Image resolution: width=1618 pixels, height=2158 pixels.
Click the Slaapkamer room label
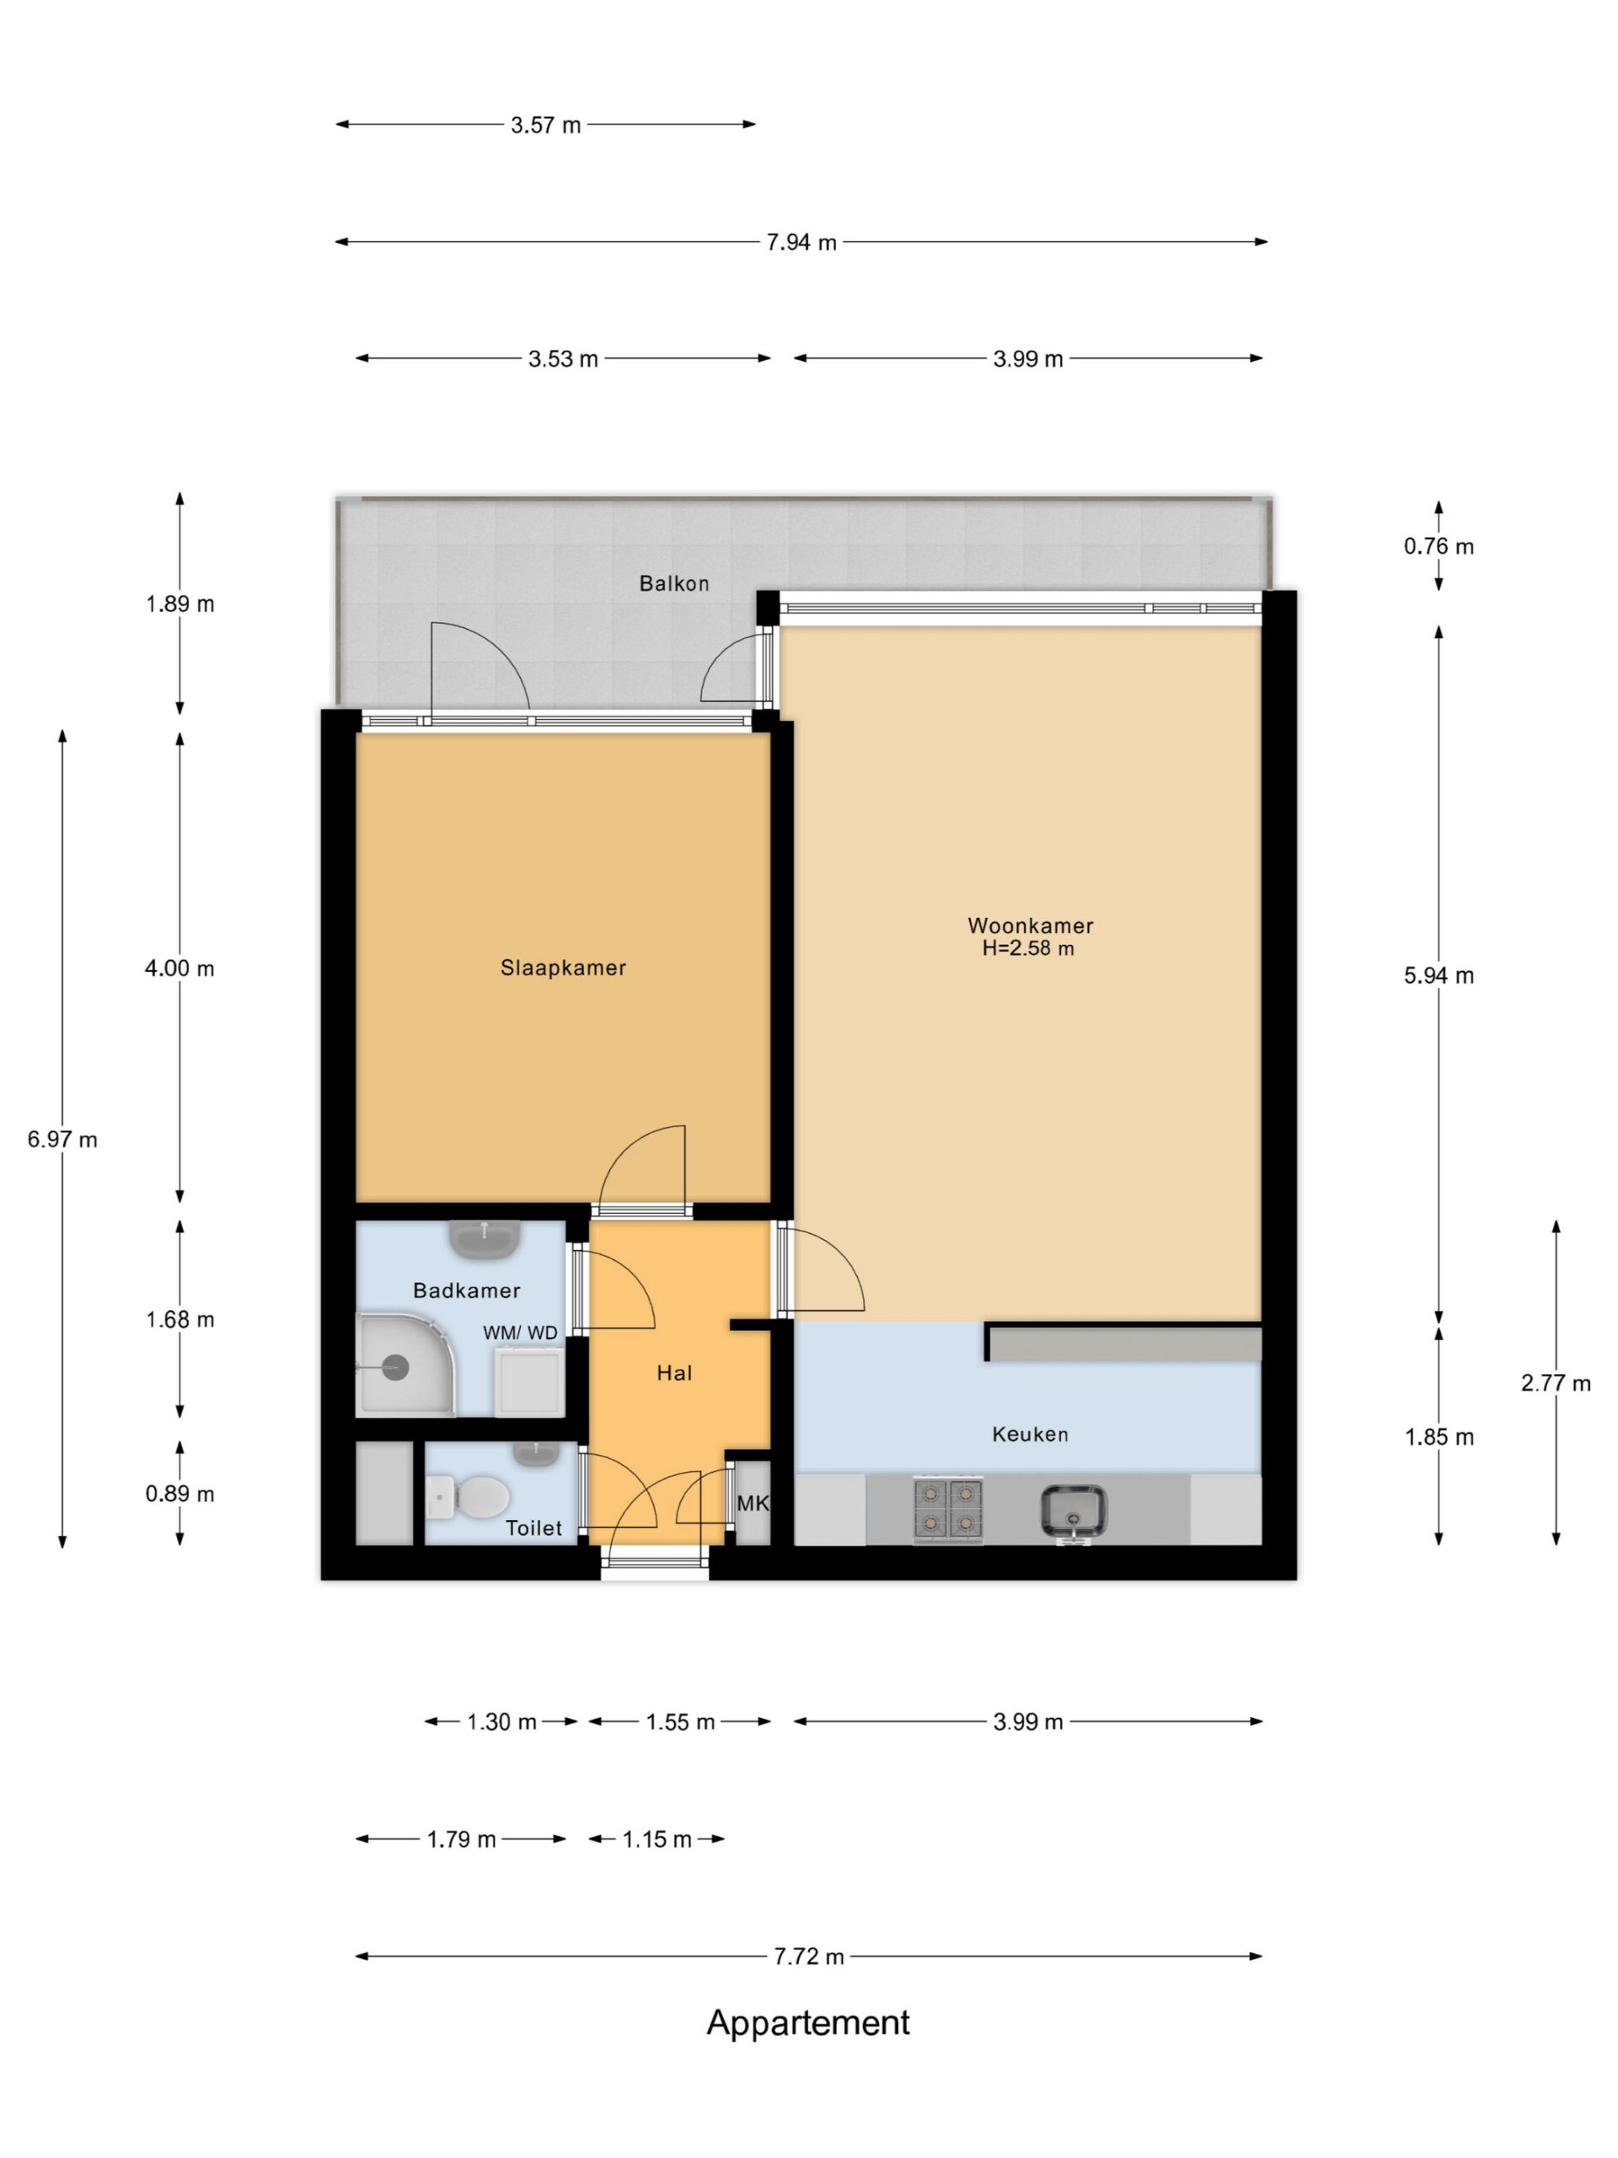click(x=563, y=968)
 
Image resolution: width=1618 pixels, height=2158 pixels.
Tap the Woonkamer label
click(x=1030, y=926)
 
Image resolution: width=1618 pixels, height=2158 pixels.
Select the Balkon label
click(x=674, y=583)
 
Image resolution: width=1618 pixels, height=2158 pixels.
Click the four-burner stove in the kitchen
click(x=947, y=1508)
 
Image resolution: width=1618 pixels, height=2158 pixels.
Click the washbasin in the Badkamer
click(x=484, y=1240)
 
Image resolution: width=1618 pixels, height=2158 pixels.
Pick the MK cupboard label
click(x=753, y=1503)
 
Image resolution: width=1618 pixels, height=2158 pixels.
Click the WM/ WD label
click(x=521, y=1333)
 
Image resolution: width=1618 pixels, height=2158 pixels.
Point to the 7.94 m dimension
click(x=801, y=242)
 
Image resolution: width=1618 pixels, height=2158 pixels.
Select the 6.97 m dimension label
click(x=62, y=1140)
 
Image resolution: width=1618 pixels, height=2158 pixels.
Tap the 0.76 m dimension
click(x=1439, y=546)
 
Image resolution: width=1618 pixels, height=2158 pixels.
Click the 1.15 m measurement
click(x=657, y=1839)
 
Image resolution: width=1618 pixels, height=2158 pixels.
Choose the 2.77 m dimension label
click(x=1556, y=1382)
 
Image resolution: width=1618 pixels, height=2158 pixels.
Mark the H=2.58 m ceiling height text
click(x=1028, y=948)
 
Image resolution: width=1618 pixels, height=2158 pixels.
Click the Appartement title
click(x=807, y=2023)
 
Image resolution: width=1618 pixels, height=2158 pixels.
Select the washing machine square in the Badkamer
click(x=529, y=1382)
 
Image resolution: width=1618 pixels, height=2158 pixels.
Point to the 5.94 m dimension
click(x=1439, y=975)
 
